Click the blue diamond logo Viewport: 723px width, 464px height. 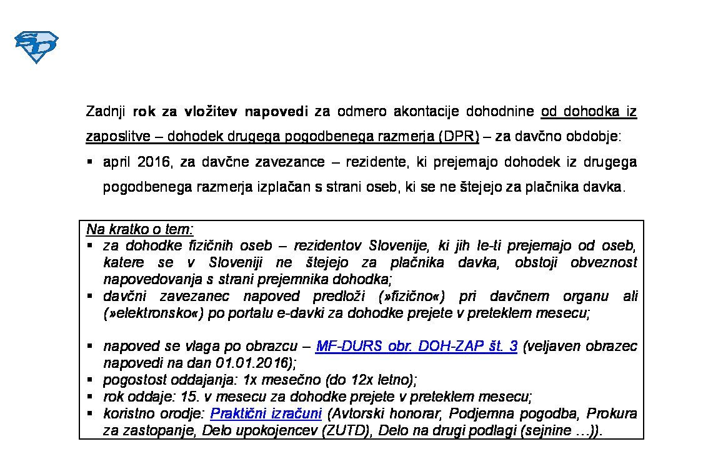coord(36,47)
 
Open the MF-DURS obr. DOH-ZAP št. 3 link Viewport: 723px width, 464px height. coord(416,346)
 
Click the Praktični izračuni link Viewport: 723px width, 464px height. coord(266,413)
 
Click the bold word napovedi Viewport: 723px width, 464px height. coord(276,112)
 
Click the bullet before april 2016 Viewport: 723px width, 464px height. coord(90,162)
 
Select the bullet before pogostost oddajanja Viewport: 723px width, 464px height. coord(90,379)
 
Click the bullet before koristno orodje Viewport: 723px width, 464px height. coord(90,413)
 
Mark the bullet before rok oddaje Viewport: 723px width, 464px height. coord(90,396)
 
